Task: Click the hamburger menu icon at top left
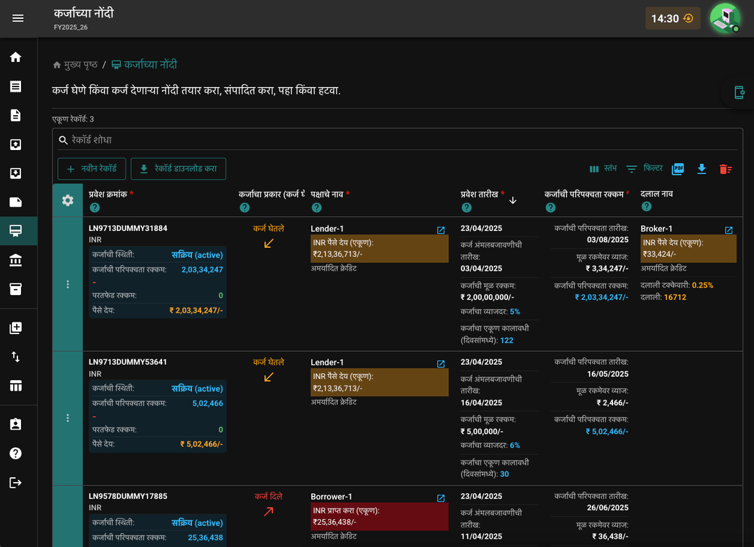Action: tap(17, 18)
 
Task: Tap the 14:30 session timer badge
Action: tap(672, 19)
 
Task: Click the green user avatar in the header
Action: tap(725, 18)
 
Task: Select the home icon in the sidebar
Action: tap(15, 57)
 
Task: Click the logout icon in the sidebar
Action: tap(15, 483)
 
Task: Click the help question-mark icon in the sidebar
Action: tap(15, 454)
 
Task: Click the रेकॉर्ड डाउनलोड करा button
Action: tap(179, 169)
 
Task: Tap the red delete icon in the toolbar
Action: tap(725, 170)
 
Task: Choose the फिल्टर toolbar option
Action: tap(644, 168)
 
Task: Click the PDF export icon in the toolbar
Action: tap(678, 169)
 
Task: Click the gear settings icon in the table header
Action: tap(68, 200)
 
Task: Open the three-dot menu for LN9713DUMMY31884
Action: tap(68, 285)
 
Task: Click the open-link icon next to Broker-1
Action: tap(728, 230)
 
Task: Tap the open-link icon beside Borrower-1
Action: tap(441, 498)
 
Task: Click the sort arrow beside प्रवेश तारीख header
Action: tap(512, 200)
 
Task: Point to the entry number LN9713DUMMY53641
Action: tap(128, 362)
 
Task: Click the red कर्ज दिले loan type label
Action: tap(268, 496)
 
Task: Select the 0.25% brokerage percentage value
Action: tap(702, 285)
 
